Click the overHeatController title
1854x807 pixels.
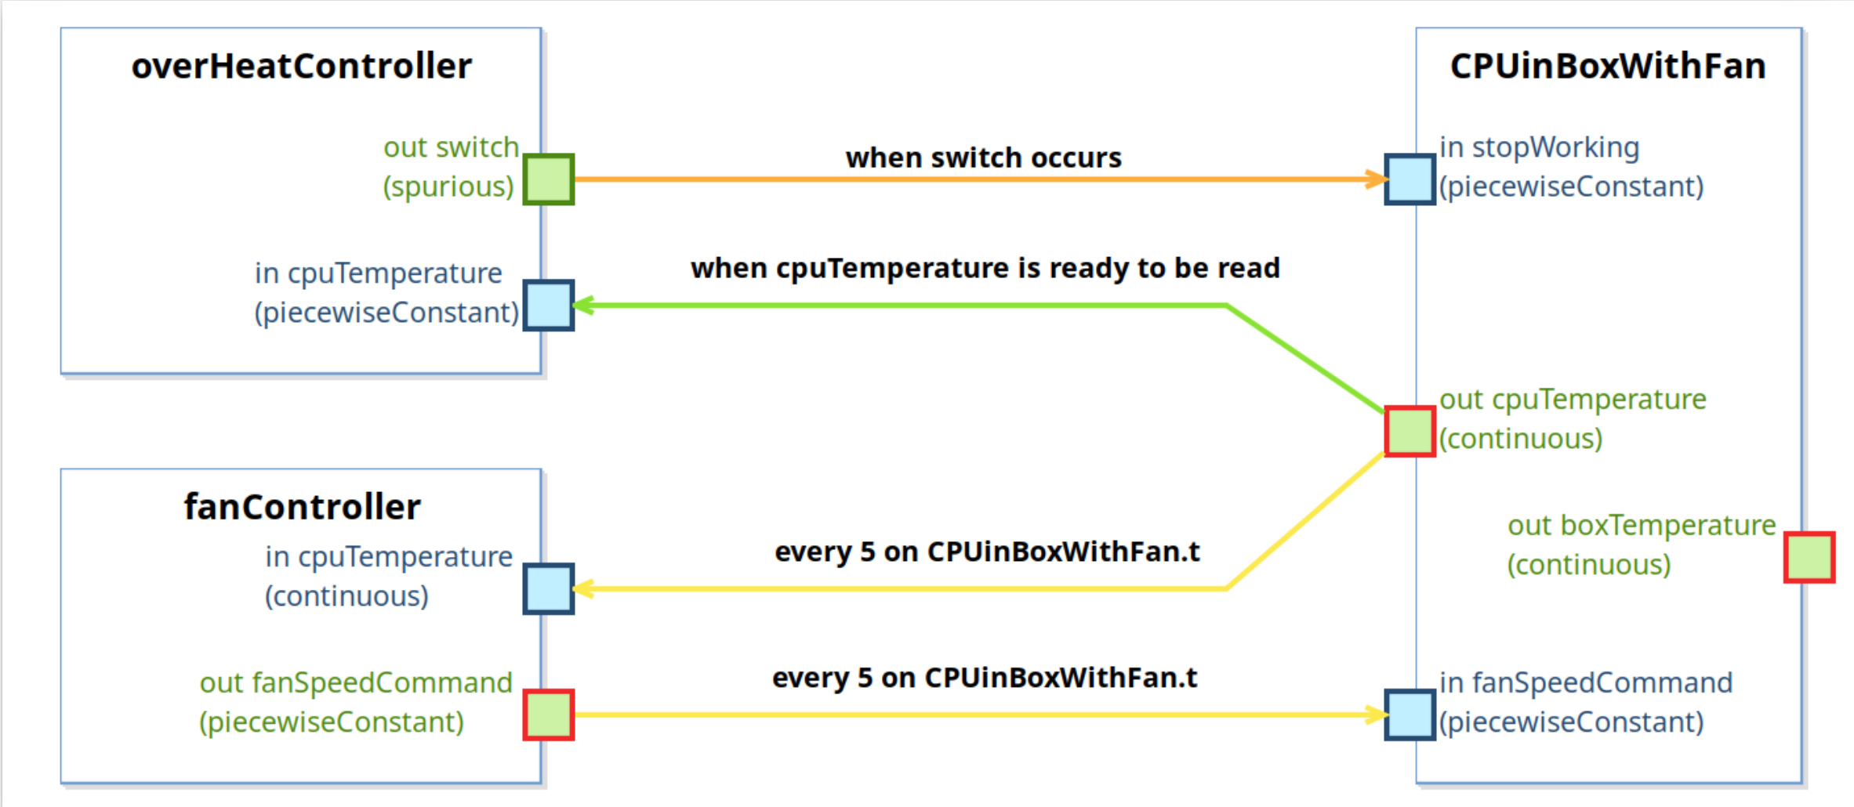[x=302, y=66]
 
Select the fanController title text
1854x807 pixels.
[x=303, y=507]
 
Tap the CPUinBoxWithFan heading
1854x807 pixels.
[x=1608, y=66]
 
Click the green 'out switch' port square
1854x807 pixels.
[x=549, y=179]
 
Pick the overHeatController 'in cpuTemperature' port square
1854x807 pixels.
[x=549, y=306]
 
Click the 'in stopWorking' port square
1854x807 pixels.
[x=1410, y=179]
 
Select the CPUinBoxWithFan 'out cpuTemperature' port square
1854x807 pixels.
[x=1410, y=431]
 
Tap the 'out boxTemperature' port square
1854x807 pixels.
[x=1809, y=557]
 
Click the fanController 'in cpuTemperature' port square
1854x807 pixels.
[x=549, y=589]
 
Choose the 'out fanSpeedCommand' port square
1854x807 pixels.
[x=549, y=715]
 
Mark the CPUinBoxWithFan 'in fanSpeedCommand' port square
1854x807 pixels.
[x=1410, y=715]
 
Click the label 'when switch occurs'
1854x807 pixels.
[x=984, y=157]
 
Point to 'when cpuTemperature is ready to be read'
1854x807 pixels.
[x=985, y=268]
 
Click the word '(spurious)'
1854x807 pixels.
[x=448, y=187]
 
